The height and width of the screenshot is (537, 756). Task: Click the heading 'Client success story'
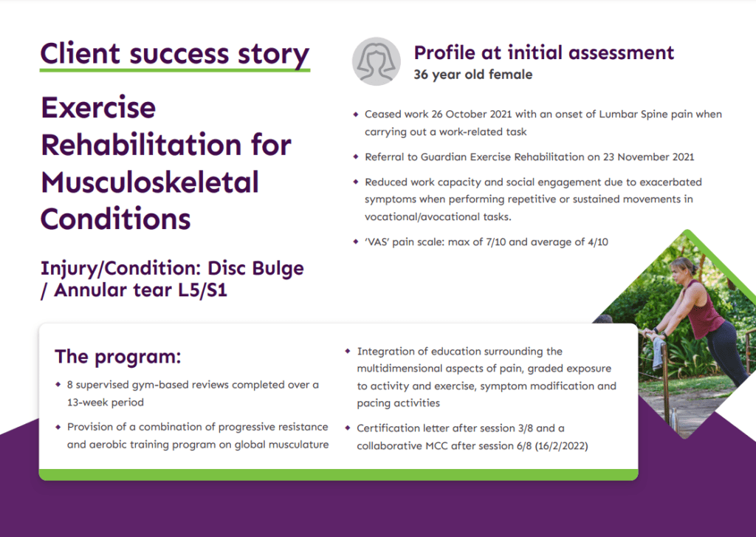174,54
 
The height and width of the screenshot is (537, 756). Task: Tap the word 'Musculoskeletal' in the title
150,182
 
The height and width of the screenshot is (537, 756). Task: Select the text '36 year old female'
472,75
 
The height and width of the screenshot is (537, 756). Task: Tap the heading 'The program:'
117,357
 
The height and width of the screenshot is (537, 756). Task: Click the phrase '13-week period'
103,403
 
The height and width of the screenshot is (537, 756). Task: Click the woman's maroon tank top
705,310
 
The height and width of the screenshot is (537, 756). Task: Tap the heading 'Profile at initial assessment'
543,53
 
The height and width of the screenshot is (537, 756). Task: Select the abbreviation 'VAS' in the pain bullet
379,242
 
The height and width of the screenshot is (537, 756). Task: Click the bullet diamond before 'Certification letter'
348,428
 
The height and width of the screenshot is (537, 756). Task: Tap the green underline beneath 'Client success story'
174,70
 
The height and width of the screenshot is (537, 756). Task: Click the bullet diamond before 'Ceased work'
356,114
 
